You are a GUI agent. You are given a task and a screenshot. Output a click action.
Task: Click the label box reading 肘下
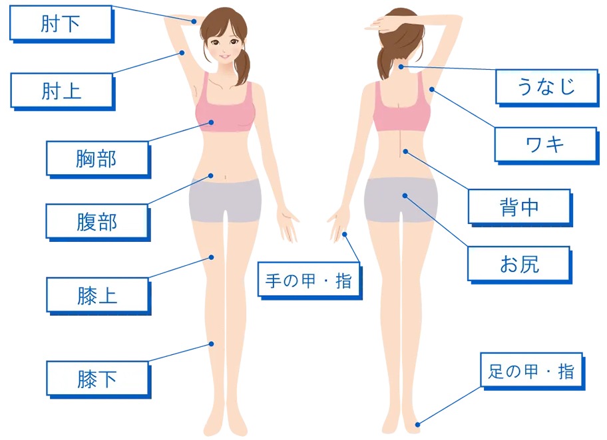coord(62,23)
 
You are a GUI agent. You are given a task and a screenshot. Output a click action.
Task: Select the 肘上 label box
coord(63,92)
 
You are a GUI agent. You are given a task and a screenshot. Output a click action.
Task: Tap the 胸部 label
coord(99,160)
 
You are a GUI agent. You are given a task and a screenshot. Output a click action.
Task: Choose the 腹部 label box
coord(99,222)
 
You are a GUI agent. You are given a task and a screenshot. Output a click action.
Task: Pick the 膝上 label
coord(99,296)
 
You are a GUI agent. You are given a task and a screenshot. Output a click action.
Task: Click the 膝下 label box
coord(99,380)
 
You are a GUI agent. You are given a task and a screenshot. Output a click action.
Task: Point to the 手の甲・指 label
coord(309,280)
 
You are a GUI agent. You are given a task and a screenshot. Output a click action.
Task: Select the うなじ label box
coord(547,88)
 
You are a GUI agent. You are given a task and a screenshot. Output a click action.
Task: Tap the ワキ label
coord(546,146)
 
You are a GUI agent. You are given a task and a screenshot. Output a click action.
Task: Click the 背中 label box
coord(520,207)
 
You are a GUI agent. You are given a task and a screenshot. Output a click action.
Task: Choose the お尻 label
coord(520,265)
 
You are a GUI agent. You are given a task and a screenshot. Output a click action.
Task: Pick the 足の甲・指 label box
coord(532,371)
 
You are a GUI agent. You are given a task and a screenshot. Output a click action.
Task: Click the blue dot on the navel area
coord(211,176)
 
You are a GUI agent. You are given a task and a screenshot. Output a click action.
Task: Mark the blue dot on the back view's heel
coord(418,425)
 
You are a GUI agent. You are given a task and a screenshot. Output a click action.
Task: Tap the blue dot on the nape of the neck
coord(401,67)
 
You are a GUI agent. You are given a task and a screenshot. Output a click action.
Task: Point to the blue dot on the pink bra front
coord(212,122)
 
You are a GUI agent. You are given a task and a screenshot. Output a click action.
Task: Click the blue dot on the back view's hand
coord(345,235)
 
